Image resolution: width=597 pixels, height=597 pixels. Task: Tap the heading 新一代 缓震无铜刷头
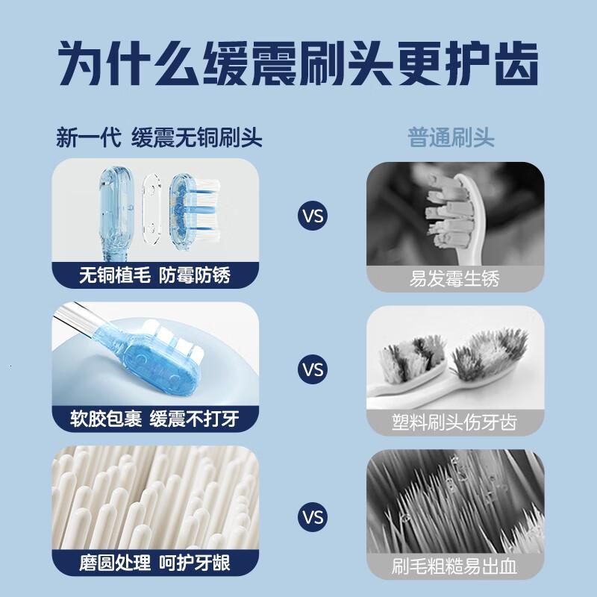click(160, 139)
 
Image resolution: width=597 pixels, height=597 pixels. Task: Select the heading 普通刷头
click(451, 139)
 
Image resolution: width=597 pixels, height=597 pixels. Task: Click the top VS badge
click(313, 217)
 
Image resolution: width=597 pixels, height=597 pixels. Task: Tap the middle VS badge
click(313, 369)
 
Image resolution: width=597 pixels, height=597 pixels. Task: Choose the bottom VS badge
click(313, 516)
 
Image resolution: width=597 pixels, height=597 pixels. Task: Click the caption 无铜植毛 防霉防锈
click(155, 276)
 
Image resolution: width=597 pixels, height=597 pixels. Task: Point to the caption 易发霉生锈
click(454, 280)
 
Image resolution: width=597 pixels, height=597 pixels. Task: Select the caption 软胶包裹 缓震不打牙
click(155, 419)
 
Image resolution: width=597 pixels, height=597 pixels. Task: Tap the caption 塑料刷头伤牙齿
click(454, 422)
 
